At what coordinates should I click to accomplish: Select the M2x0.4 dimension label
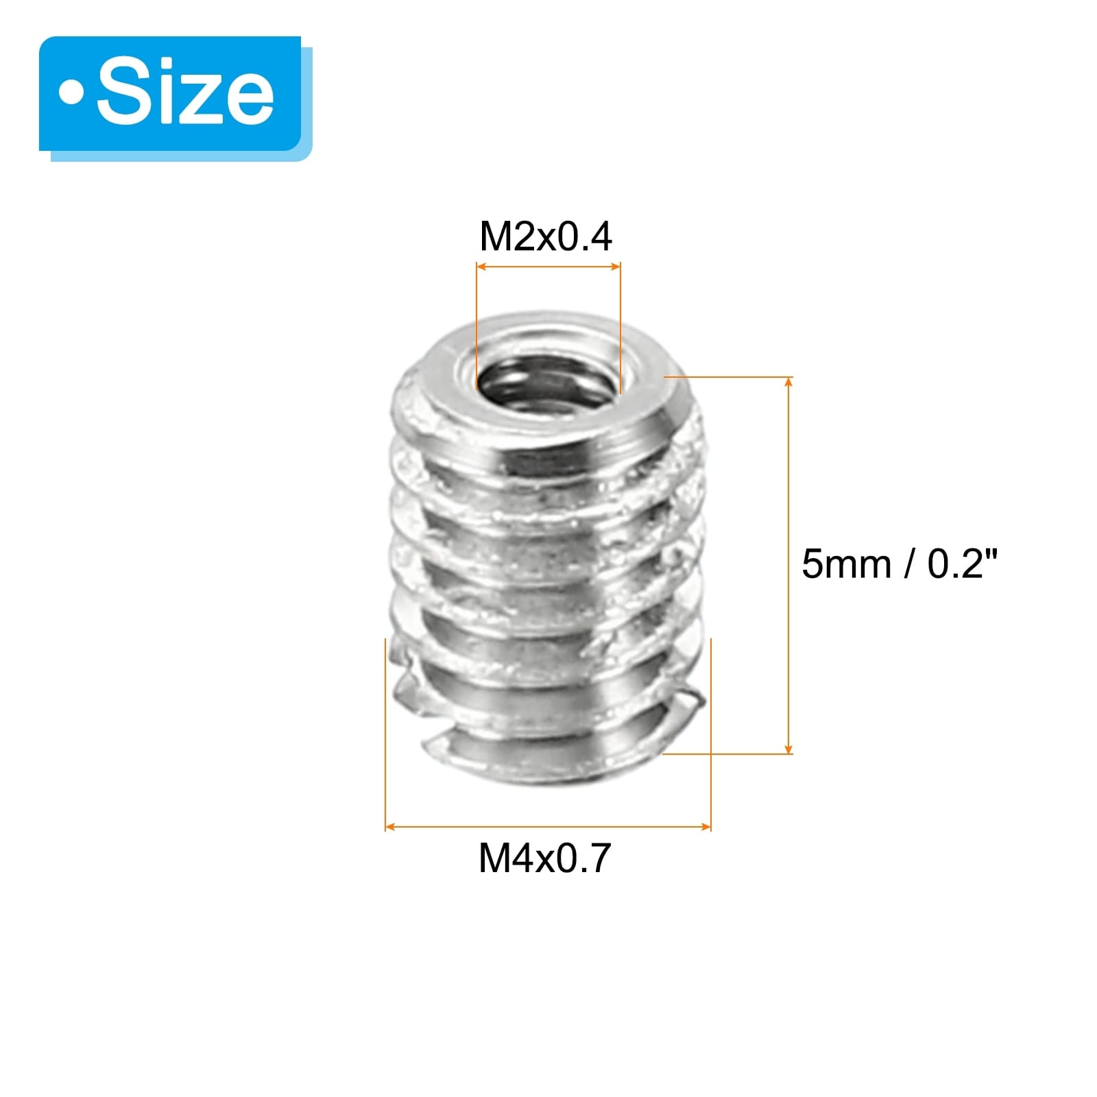[x=546, y=237]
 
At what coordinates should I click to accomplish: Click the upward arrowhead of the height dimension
[x=788, y=383]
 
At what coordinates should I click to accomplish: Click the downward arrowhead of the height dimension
[x=788, y=747]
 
